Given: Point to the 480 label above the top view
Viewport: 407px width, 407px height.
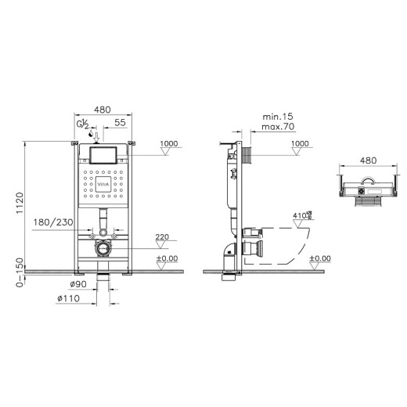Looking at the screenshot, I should [x=369, y=160].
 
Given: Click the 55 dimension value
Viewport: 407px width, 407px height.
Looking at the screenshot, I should [x=120, y=124].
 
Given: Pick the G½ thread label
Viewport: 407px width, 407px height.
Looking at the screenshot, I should [x=81, y=124].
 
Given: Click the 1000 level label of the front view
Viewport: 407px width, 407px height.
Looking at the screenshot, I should [x=169, y=143].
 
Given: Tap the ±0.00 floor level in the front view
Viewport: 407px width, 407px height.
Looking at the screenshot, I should [x=167, y=259].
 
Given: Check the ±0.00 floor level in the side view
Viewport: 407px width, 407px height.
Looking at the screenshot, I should [x=319, y=259].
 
